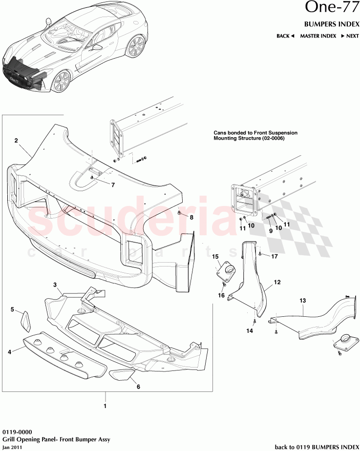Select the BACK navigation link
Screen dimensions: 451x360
(285, 36)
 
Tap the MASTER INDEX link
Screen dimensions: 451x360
(318, 36)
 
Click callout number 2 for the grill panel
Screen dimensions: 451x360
(16, 141)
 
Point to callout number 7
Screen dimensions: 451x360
(113, 185)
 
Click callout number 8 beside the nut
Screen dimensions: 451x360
(191, 217)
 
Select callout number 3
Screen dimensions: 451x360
(55, 285)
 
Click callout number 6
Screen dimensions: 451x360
(138, 387)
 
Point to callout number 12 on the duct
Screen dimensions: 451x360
(277, 282)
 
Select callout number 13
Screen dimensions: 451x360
(303, 301)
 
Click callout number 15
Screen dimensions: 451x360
(215, 256)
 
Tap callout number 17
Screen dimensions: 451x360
(275, 256)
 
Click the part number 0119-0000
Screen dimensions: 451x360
(16, 432)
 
